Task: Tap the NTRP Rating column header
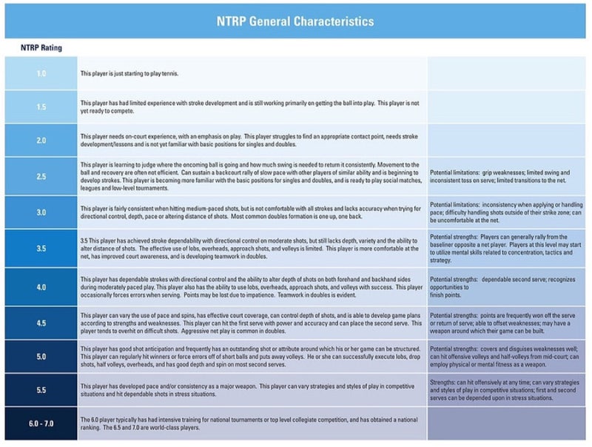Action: pos(41,48)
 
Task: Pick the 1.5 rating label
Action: pos(41,107)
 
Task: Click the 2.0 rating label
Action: pos(41,140)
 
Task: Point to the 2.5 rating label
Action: pos(41,175)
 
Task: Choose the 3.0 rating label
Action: pos(41,212)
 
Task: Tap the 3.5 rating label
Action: pos(41,249)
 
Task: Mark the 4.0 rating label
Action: pos(41,286)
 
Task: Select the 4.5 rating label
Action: pos(41,323)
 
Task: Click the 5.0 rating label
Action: pos(41,356)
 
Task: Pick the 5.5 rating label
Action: pos(41,389)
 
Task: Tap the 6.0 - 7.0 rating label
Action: pos(41,423)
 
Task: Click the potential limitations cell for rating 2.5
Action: pos(506,175)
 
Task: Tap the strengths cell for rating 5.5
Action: pos(506,389)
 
